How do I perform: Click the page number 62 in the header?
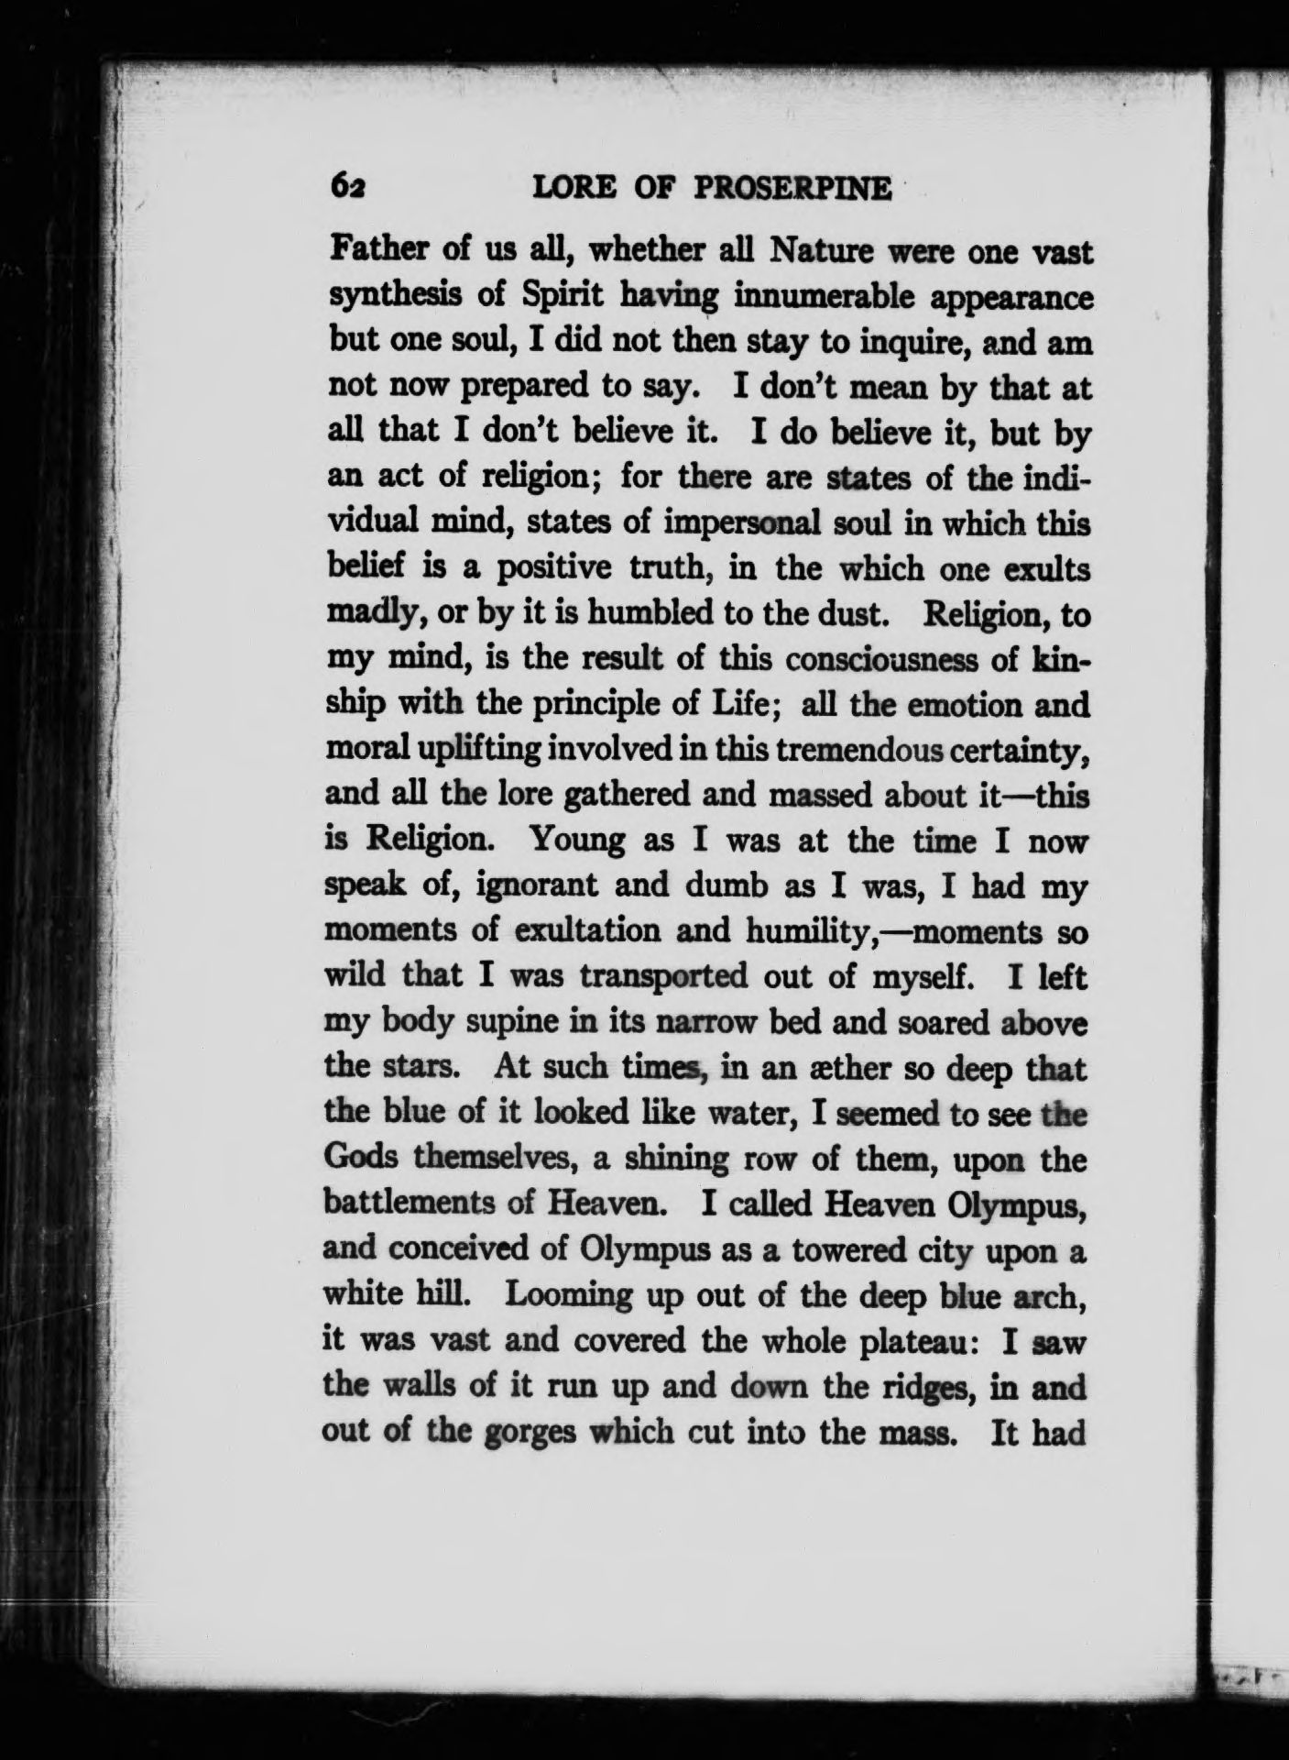click(x=348, y=187)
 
